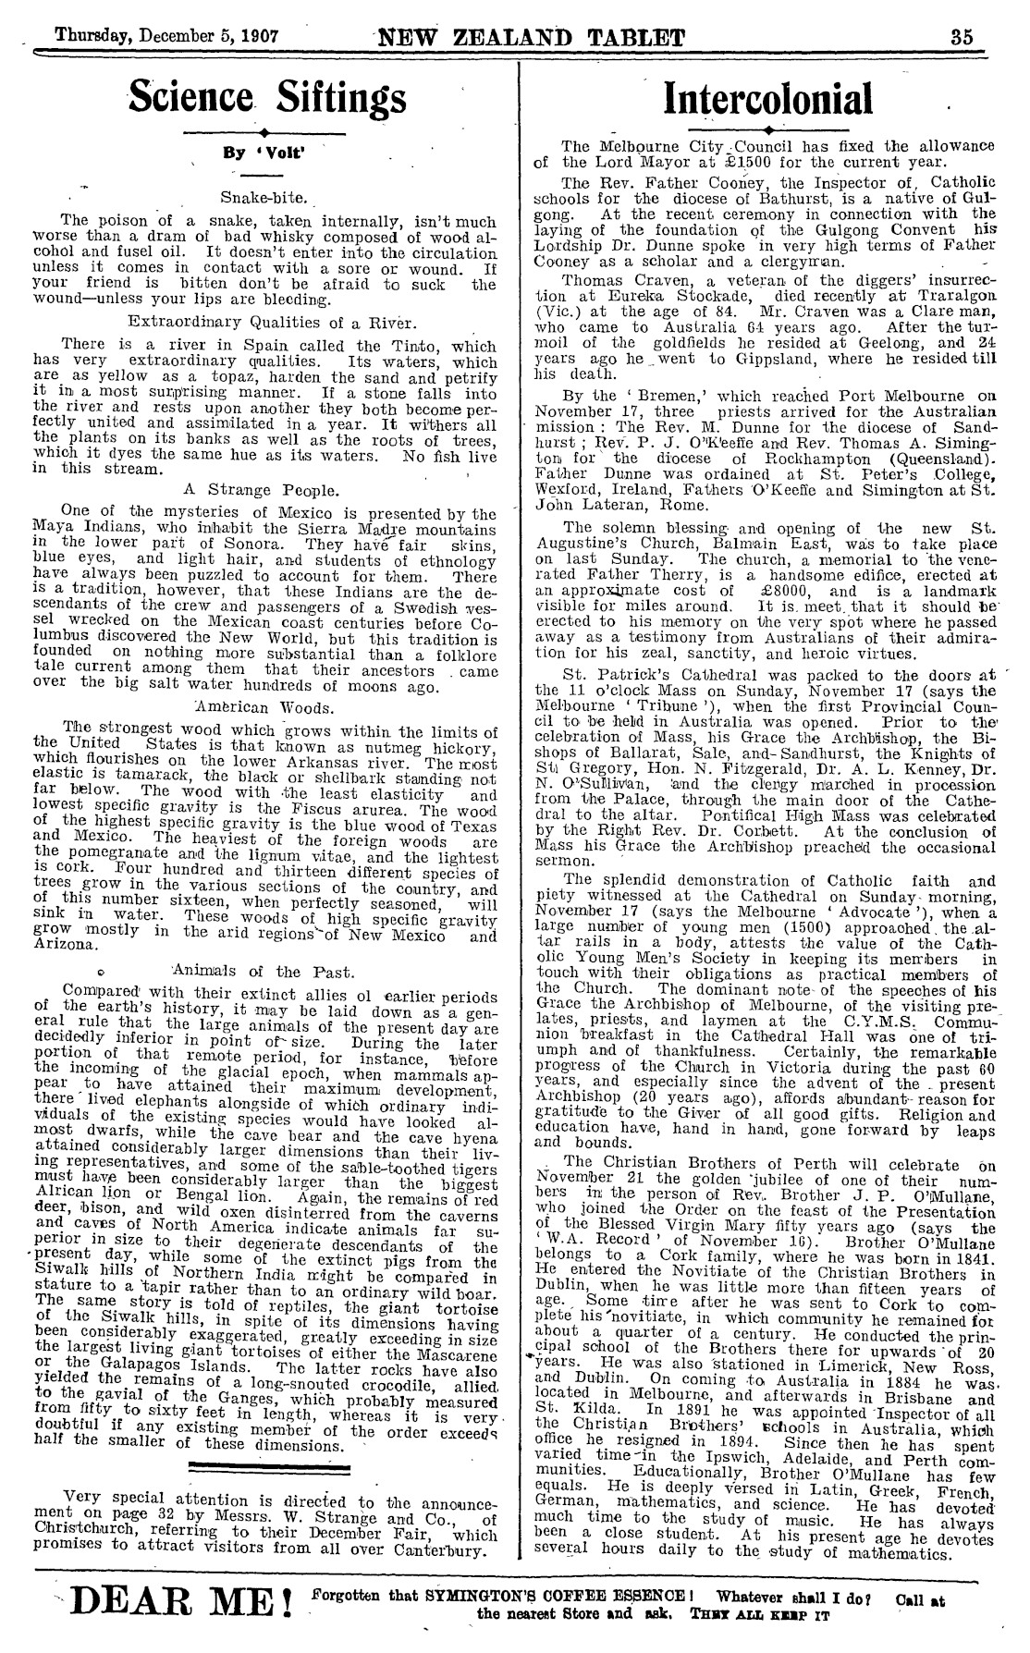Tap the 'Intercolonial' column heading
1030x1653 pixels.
[x=768, y=99]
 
